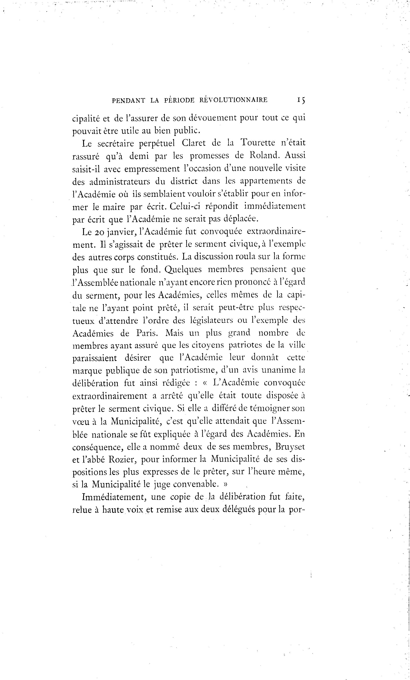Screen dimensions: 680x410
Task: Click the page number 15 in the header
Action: point(301,100)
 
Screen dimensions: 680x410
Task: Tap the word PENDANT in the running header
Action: point(128,100)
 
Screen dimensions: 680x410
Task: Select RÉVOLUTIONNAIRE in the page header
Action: point(233,100)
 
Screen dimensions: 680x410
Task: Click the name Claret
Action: point(194,143)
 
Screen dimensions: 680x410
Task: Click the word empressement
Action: point(152,169)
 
